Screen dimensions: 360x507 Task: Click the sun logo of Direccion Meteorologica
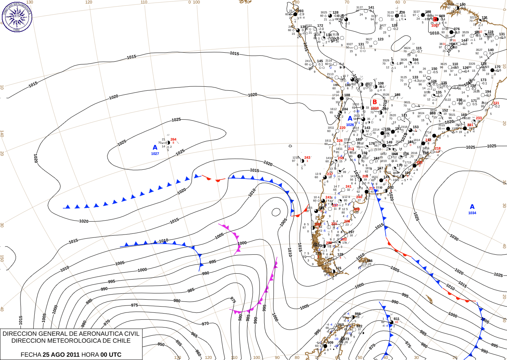coord(16,16)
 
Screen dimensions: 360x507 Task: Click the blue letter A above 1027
coord(155,147)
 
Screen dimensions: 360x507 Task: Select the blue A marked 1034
coord(472,207)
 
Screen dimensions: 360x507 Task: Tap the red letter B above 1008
coord(374,102)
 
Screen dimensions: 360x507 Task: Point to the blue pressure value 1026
coord(350,125)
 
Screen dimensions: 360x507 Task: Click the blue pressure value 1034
coord(472,213)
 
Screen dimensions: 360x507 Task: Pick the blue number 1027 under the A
coord(155,154)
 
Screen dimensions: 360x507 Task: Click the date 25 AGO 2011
coord(61,355)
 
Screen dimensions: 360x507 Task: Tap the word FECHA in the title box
coord(31,355)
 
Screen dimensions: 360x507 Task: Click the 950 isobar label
coord(161,344)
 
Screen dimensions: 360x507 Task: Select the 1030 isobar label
coord(454,238)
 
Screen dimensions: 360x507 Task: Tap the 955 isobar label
coord(178,343)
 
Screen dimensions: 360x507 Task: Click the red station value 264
coord(173,139)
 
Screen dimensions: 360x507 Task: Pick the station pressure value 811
coord(396,319)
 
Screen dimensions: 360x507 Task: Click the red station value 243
coord(307,158)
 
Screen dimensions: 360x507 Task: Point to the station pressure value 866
coord(357,314)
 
